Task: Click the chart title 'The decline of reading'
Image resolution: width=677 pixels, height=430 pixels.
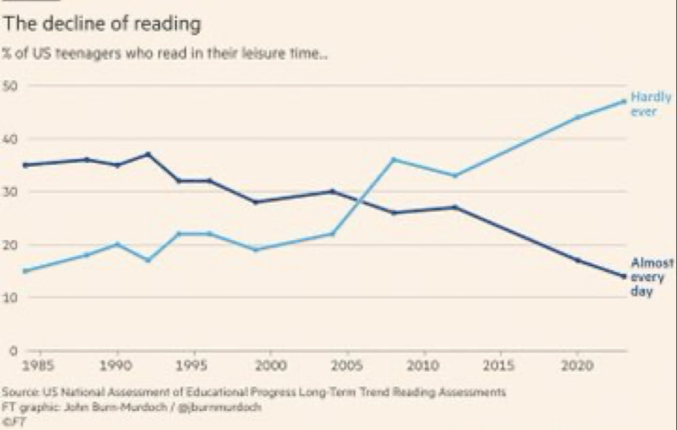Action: coord(102,24)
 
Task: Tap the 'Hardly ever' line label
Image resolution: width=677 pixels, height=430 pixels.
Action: coord(643,104)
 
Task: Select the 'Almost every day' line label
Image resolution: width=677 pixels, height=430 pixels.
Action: coord(644,277)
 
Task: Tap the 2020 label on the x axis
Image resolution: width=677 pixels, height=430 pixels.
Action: coord(577,366)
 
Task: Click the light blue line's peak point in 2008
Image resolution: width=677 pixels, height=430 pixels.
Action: coord(393,159)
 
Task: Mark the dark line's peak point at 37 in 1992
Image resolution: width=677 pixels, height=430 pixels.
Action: coord(148,154)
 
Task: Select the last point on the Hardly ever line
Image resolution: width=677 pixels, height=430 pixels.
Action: coord(624,101)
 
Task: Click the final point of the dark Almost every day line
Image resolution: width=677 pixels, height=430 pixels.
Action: coord(624,276)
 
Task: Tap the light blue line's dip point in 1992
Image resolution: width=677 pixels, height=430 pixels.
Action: coord(148,260)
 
